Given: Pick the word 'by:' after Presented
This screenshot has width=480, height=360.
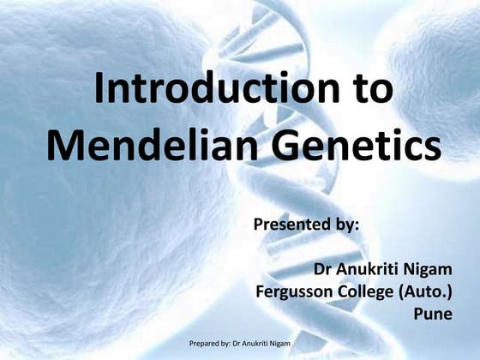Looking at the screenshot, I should point(344,225).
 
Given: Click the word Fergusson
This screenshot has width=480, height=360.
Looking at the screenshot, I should point(297,292).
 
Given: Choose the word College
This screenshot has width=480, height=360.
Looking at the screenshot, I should point(370,292).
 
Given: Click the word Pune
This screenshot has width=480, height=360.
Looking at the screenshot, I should point(433,314).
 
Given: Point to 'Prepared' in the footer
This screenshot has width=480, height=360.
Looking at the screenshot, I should point(206,344).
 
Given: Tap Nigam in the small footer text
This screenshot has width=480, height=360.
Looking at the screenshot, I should point(279,344).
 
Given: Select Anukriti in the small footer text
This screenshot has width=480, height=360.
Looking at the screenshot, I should point(254,344).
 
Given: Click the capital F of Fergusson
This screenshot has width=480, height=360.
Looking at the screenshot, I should point(261,292).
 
